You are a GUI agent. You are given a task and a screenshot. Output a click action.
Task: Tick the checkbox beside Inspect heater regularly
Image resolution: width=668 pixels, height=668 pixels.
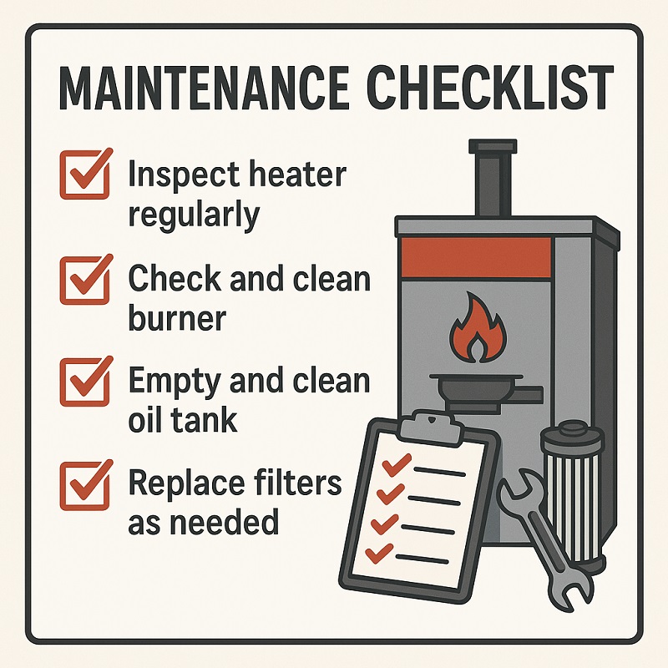click(x=85, y=173)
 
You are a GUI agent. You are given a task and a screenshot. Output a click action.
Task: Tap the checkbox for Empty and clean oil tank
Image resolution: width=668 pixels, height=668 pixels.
click(x=85, y=380)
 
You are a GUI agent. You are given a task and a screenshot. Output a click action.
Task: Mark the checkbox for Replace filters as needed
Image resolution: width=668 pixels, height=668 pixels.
click(x=85, y=482)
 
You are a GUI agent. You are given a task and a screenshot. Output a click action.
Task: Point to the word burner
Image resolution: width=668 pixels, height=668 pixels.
click(x=177, y=317)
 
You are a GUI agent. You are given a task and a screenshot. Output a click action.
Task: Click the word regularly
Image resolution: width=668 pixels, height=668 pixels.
click(x=193, y=215)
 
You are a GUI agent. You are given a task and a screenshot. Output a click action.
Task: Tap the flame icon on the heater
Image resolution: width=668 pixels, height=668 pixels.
click(x=473, y=331)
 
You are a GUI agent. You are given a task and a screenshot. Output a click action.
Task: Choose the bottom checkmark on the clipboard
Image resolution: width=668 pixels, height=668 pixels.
click(x=381, y=551)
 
